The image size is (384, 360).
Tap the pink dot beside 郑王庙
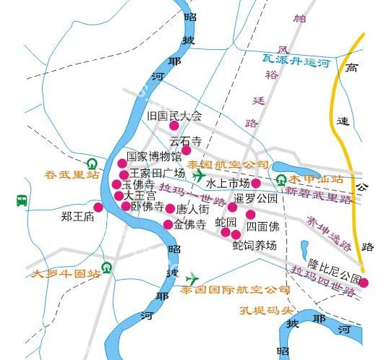[x=98, y=207]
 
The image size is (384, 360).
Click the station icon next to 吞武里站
[x=92, y=164]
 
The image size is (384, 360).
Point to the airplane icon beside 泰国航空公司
[x=199, y=176]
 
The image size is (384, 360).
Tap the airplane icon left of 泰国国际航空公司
[x=192, y=278]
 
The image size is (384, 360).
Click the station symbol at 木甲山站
[x=281, y=179]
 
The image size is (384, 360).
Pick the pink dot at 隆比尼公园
[x=364, y=283]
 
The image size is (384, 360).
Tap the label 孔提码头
[x=267, y=311]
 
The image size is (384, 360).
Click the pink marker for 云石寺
[x=186, y=150]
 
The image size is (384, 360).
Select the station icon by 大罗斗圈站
[x=107, y=267]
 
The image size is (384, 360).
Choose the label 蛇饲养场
[x=255, y=246]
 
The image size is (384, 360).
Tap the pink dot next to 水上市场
[x=255, y=183]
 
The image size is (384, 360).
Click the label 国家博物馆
[x=154, y=156]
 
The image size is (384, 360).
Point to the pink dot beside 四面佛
[x=250, y=215]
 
